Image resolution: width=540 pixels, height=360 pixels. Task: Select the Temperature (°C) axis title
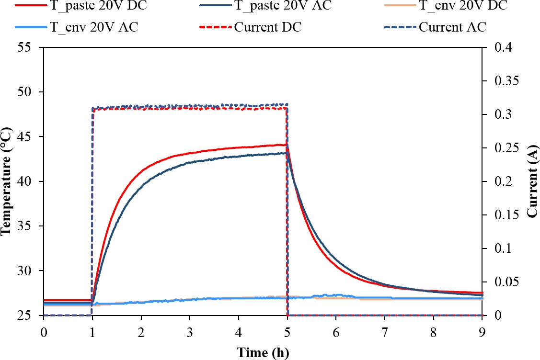[7, 181]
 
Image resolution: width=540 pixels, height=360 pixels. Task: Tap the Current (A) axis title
[532, 181]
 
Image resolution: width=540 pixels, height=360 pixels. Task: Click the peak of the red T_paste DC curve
[286, 145]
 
